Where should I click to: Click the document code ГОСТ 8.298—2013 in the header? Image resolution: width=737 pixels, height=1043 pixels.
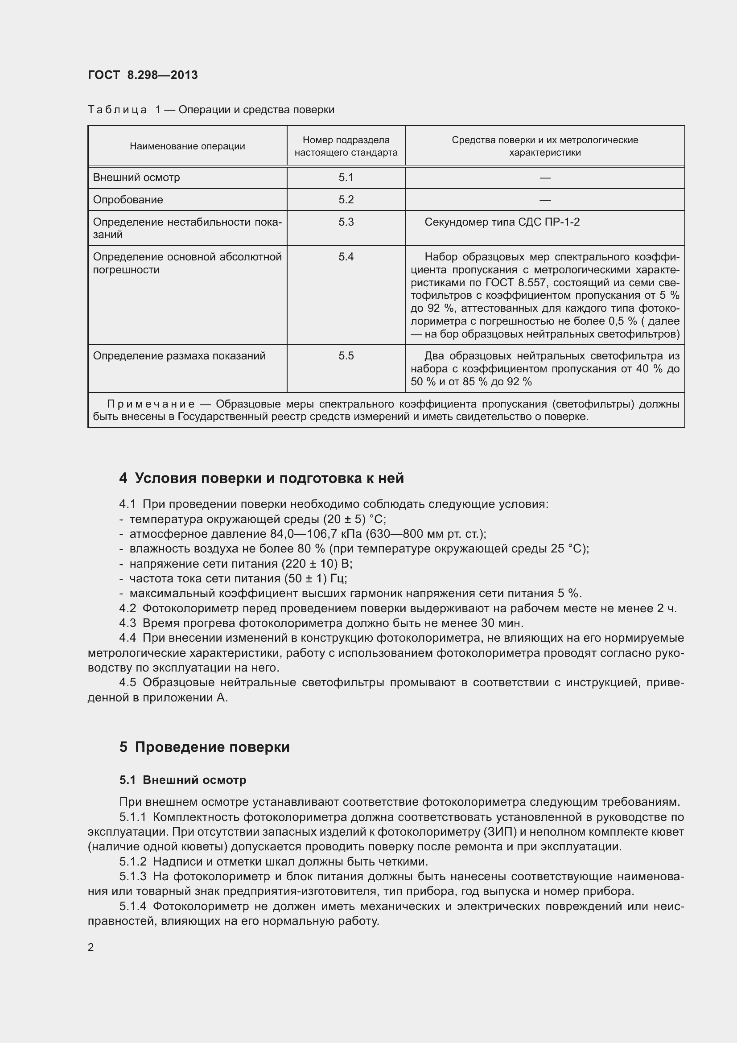click(143, 75)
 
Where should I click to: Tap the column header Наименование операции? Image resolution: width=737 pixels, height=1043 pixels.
click(187, 146)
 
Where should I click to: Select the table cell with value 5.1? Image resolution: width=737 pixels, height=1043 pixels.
click(346, 177)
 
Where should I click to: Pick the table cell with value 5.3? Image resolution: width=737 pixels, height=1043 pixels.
click(346, 222)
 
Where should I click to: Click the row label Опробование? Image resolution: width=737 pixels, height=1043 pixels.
click(128, 200)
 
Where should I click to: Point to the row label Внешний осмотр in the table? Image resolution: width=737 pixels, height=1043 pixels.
click(136, 177)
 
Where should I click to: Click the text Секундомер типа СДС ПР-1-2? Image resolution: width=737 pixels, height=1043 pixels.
click(502, 222)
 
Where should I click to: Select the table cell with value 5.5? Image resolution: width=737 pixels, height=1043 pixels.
click(346, 356)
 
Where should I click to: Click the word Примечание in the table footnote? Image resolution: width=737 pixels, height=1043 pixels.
click(151, 404)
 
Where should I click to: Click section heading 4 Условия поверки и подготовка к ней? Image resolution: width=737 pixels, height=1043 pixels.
click(262, 478)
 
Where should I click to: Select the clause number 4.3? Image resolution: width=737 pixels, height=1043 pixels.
click(128, 623)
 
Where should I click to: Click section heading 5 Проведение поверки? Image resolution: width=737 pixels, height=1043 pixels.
click(204, 747)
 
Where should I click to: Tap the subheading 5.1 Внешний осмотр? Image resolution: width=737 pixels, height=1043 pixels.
click(182, 780)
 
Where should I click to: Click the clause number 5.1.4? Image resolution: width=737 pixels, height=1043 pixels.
click(133, 906)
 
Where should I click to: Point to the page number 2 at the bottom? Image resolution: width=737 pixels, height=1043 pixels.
click(91, 948)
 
